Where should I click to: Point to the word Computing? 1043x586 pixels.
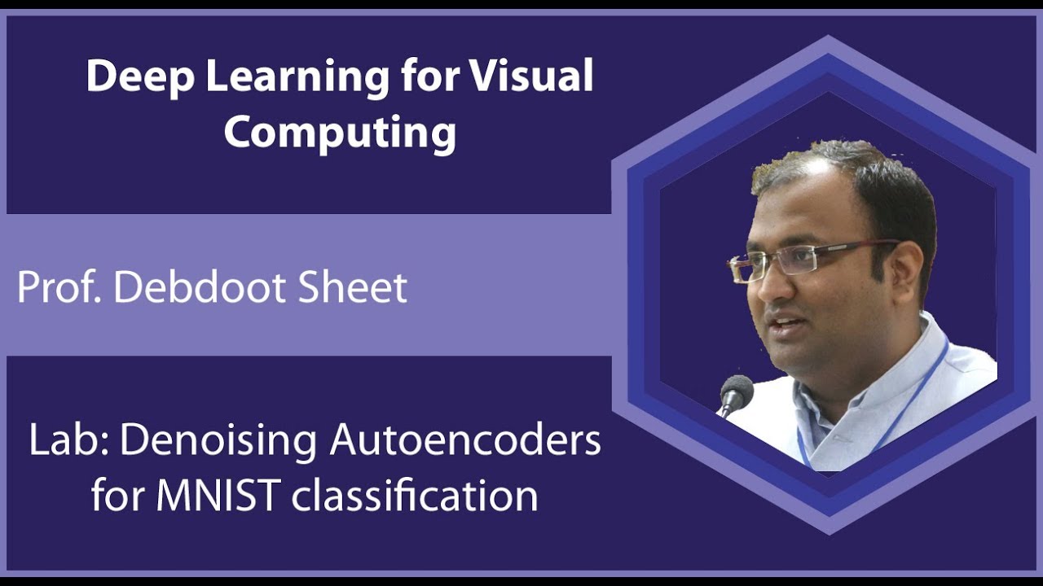point(340,133)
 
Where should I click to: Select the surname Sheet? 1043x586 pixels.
point(356,287)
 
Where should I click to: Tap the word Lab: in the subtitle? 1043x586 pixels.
point(69,440)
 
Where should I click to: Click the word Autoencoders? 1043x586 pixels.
point(465,440)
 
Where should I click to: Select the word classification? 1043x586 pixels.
point(415,496)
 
